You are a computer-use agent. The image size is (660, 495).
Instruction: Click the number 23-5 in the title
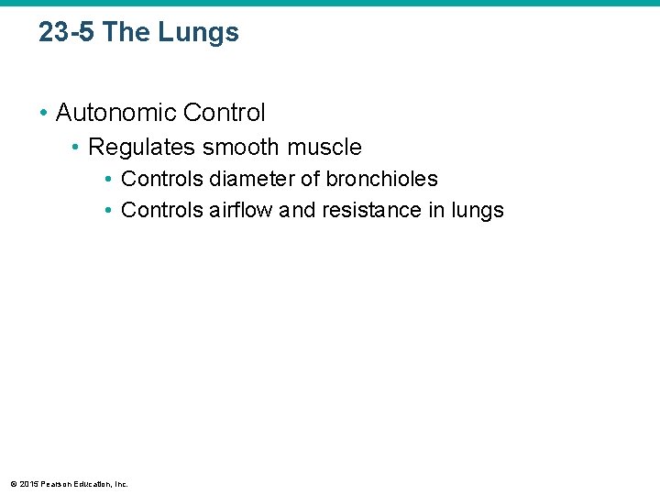pyautogui.click(x=67, y=33)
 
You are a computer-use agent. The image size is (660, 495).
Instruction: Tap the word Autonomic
pyautogui.click(x=116, y=113)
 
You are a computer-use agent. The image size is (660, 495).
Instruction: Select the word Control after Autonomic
pyautogui.click(x=225, y=113)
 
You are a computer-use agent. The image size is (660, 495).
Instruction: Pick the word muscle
pyautogui.click(x=325, y=147)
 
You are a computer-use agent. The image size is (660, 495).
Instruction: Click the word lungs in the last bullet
pyautogui.click(x=478, y=210)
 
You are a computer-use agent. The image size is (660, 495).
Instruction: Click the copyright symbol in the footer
pyautogui.click(x=13, y=483)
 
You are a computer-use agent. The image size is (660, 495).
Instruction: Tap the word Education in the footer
pyautogui.click(x=93, y=483)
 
